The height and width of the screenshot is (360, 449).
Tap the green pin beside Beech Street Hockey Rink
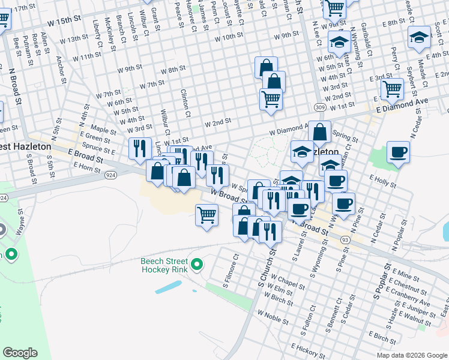[x=196, y=264]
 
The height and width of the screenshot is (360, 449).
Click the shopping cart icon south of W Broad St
[x=207, y=214]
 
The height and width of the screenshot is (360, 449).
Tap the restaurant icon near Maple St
[x=140, y=148]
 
